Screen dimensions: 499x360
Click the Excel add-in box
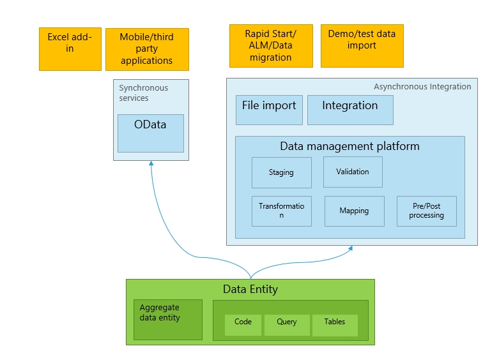(70, 49)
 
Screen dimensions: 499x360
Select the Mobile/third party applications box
(147, 49)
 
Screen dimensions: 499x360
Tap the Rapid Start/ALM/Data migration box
(271, 46)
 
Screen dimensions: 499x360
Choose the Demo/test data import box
(362, 46)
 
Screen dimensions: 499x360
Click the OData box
(151, 133)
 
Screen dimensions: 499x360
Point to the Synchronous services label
(143, 93)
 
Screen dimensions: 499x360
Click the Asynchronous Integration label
(422, 87)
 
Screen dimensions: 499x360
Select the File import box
(269, 110)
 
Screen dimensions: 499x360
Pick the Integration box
(350, 110)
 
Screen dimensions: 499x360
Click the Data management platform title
(349, 146)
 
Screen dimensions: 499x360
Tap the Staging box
(282, 172)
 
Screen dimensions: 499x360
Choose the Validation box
(353, 172)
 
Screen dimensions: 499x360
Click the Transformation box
(282, 211)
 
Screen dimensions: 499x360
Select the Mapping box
(355, 211)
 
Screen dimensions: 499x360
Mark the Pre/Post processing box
(427, 211)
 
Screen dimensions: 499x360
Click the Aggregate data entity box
(168, 320)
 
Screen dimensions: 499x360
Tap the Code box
(243, 325)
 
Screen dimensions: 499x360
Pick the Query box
(287, 325)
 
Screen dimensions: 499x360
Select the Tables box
(335, 325)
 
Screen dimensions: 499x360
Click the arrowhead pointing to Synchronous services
(151, 163)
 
